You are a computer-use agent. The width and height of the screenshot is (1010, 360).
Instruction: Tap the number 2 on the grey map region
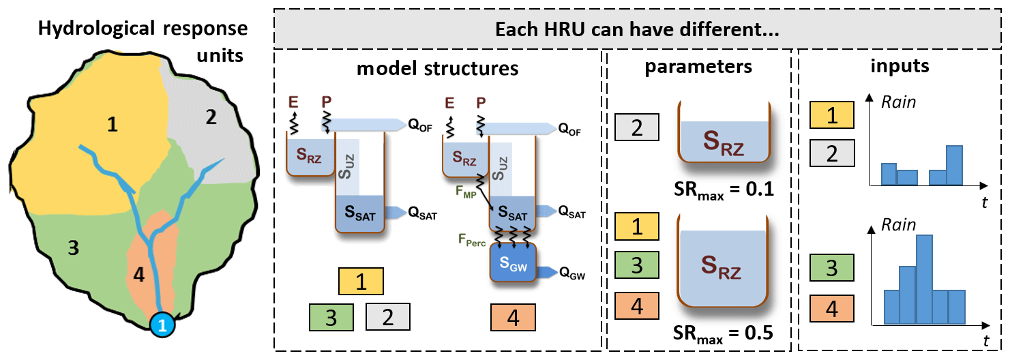[211, 118]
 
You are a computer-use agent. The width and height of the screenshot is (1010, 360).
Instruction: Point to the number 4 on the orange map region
[138, 275]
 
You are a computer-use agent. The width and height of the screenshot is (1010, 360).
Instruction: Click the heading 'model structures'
[436, 68]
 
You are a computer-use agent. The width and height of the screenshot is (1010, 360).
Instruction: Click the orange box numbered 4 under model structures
[513, 317]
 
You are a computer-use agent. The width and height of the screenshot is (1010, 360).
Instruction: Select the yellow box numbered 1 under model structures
[361, 280]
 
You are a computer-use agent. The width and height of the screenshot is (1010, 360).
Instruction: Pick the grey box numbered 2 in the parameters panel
[636, 127]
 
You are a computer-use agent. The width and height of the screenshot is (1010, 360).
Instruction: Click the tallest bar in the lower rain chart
[924, 279]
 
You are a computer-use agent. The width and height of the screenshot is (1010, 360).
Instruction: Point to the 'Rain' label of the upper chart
[899, 104]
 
